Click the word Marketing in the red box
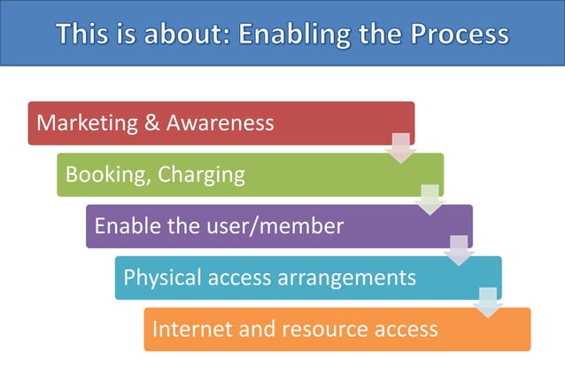(x=87, y=123)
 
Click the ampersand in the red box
(x=153, y=123)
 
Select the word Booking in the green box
(x=104, y=175)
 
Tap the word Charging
(x=201, y=175)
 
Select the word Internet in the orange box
(x=187, y=329)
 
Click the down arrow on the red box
(x=400, y=148)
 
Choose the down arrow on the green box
(x=430, y=200)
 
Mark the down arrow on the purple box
(x=459, y=251)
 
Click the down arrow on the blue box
(x=488, y=302)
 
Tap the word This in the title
(x=83, y=35)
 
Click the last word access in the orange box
(x=405, y=329)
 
